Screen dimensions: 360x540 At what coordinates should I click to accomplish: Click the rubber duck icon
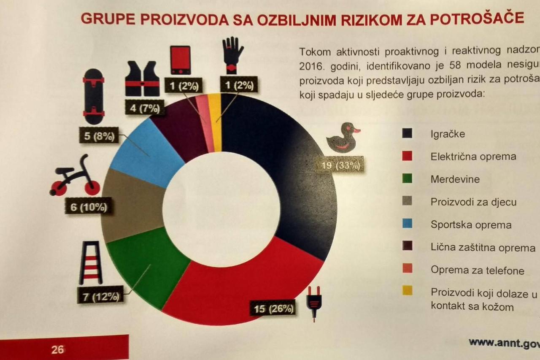(343, 138)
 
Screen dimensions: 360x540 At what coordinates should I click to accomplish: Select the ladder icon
(91, 263)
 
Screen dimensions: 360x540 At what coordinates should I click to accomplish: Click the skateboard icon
(94, 96)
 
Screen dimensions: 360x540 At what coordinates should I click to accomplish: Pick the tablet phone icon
(181, 60)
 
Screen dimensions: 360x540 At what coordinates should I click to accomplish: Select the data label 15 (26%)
(273, 309)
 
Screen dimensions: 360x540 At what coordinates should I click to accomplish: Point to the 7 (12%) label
(100, 296)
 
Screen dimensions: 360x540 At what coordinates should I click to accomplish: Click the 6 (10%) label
(88, 208)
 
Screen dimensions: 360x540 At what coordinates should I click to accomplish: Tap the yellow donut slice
(215, 122)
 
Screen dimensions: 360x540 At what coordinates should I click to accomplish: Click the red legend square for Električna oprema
(407, 156)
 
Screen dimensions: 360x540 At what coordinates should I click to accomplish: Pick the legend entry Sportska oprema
(471, 225)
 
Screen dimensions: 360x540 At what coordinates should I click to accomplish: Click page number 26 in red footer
(58, 349)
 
